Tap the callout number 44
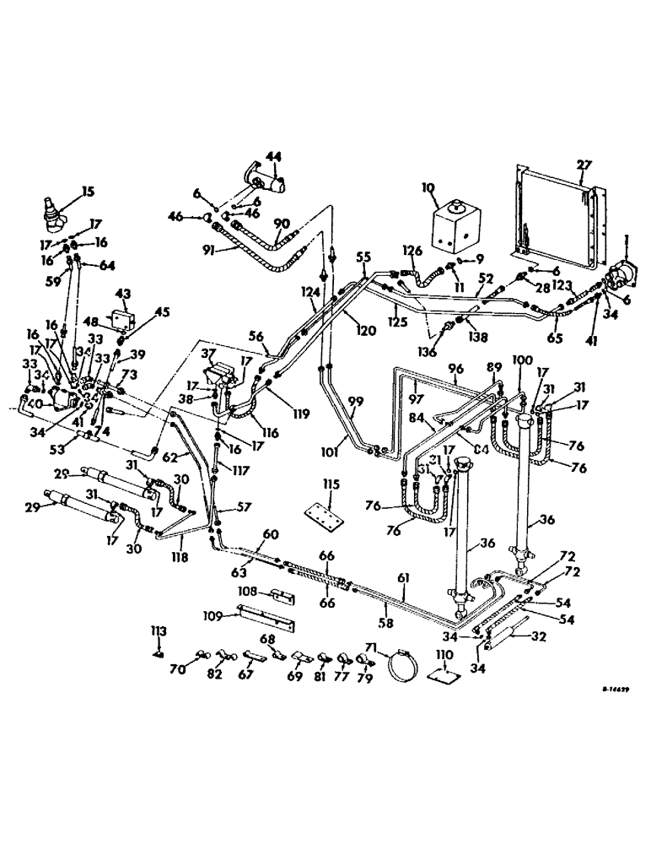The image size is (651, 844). [x=273, y=158]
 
